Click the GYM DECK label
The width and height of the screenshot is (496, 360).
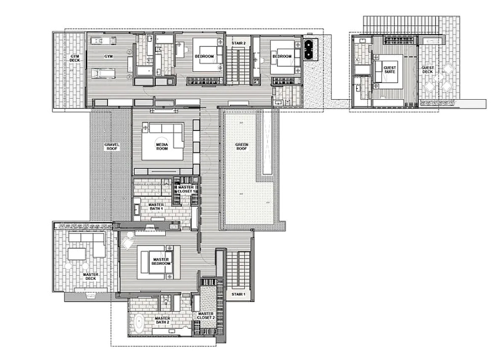75,58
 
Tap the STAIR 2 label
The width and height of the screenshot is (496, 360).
239,43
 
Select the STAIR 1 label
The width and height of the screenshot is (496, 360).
239,294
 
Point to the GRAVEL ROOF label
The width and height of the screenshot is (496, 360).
111,147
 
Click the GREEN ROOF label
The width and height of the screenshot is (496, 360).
241,147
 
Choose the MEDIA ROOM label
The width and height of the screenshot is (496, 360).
162,147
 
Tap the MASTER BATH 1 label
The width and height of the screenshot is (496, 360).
156,207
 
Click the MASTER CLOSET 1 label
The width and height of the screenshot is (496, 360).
186,189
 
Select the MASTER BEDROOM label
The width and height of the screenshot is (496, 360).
161,261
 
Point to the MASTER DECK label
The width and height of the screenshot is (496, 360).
91,276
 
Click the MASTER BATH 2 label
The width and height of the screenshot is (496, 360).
162,320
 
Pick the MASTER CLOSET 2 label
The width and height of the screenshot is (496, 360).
206,315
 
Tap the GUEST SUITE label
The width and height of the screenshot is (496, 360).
390,69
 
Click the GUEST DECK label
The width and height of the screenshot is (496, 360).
428,69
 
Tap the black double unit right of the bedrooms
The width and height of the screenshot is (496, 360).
308,49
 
